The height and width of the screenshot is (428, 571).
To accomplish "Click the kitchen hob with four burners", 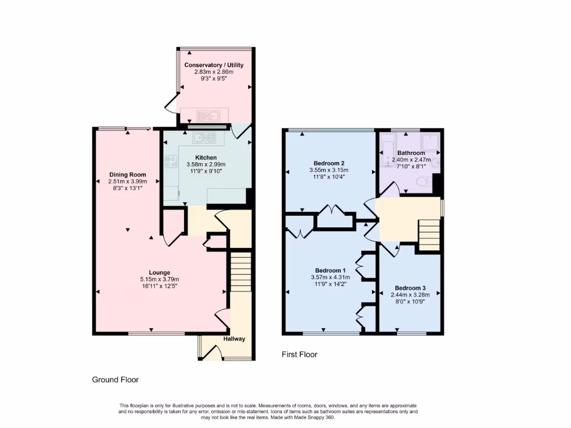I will [x=171, y=161].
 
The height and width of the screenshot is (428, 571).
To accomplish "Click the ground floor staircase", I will [x=241, y=271].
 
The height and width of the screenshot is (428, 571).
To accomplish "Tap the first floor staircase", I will [x=429, y=235].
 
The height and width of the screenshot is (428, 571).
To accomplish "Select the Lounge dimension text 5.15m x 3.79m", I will [x=160, y=279].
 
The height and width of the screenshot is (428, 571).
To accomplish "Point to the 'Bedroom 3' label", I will [x=410, y=288].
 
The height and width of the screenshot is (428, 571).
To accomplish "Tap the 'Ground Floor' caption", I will [x=115, y=380].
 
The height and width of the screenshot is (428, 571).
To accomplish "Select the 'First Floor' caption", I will [x=299, y=354].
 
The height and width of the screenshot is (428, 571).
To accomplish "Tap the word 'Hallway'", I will [x=234, y=339].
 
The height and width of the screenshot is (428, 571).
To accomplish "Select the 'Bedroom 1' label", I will [x=328, y=270].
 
